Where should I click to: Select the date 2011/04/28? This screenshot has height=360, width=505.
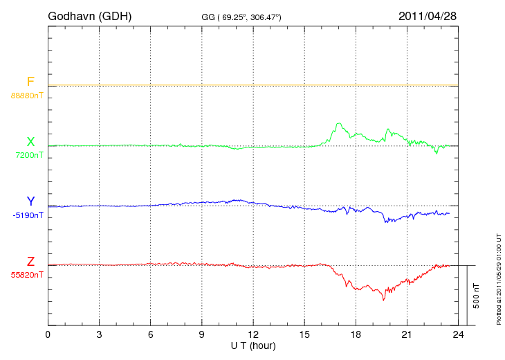point(428,15)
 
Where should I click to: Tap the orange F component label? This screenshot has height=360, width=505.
point(30,82)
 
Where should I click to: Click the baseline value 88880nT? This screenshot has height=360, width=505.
point(27,95)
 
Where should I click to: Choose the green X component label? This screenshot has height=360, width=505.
point(30,142)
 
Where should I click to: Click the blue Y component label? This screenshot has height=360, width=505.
point(30,201)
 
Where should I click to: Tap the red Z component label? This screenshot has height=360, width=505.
point(30,262)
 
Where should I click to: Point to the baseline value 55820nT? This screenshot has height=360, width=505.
point(27,275)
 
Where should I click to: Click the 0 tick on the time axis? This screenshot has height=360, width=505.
point(48,335)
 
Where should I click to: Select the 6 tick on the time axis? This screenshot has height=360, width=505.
point(151,335)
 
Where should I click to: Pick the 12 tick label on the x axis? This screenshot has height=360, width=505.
point(253,335)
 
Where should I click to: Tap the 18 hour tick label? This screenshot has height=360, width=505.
point(356,335)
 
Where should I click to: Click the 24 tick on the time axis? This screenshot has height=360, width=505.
point(458,335)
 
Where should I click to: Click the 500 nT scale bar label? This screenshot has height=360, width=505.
point(477,295)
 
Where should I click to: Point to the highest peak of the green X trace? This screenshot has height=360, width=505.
point(338,123)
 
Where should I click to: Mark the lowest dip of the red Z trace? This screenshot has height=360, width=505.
point(383,300)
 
